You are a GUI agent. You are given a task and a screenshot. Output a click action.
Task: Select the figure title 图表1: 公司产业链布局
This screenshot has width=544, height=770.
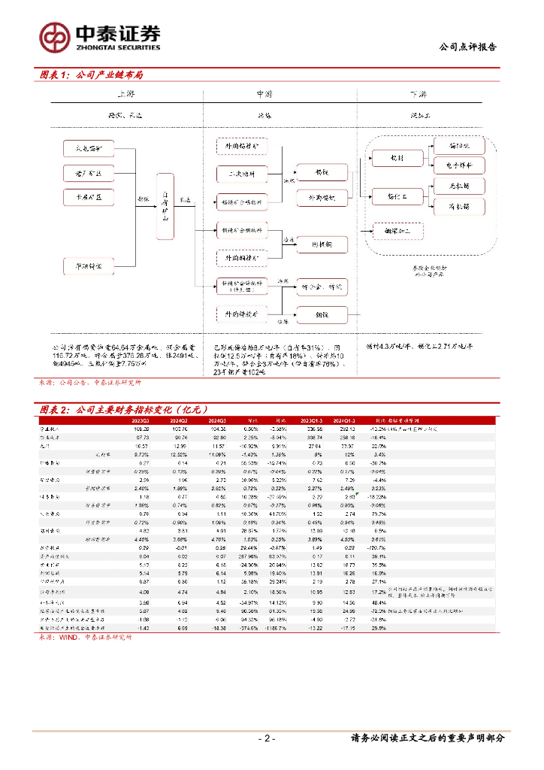pos(92,75)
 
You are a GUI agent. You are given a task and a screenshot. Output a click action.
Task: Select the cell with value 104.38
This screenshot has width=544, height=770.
pos(216,428)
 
